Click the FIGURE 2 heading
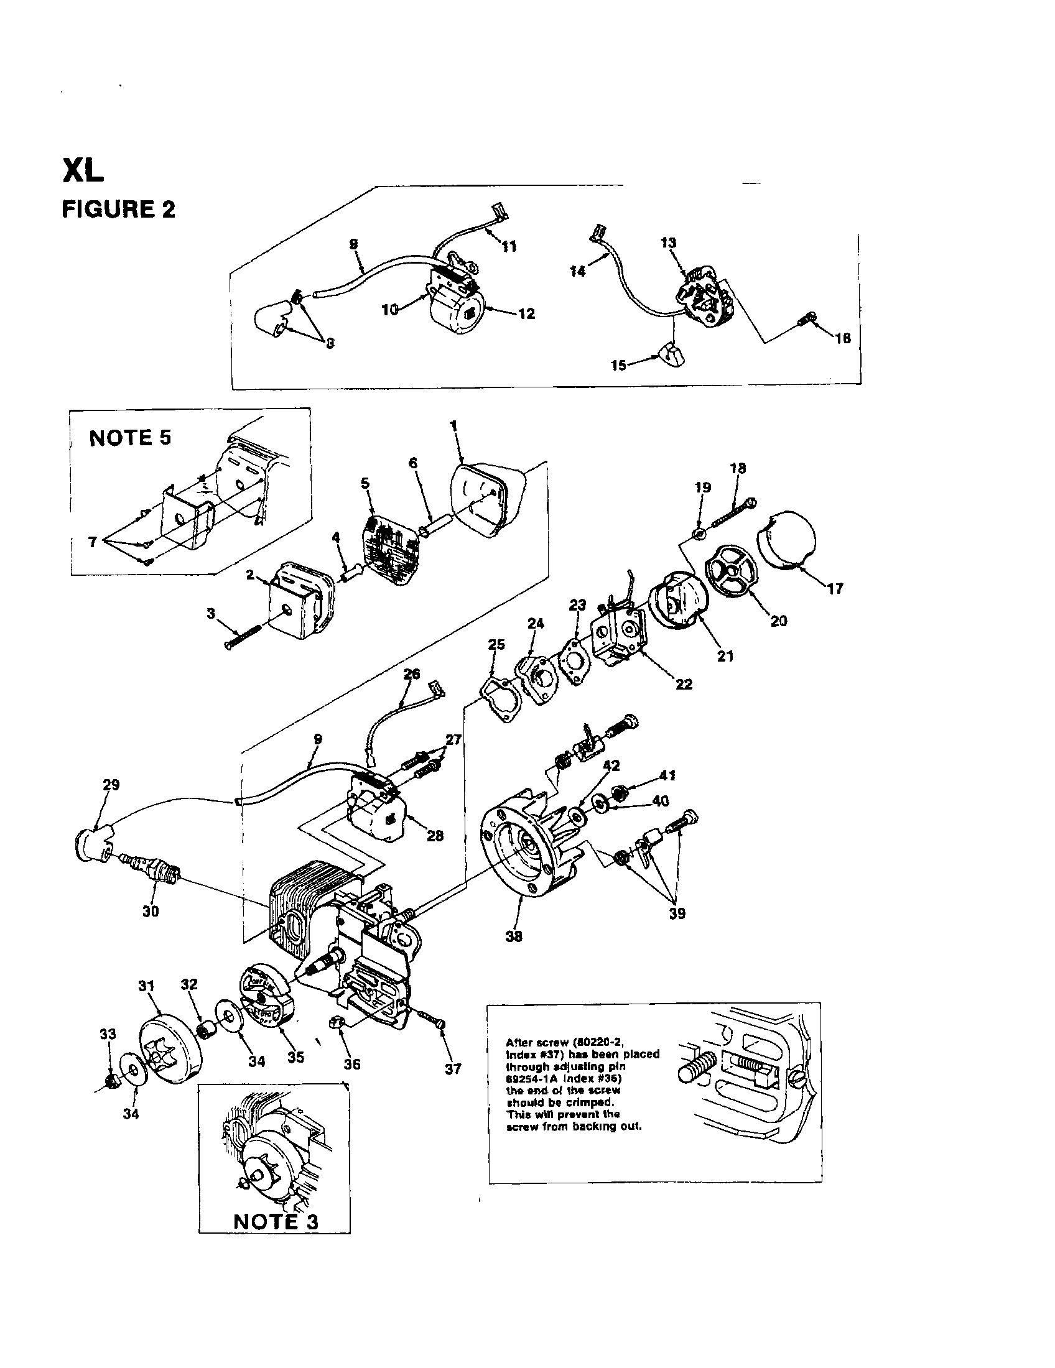(x=118, y=209)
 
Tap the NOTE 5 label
(x=130, y=437)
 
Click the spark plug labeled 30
(x=153, y=867)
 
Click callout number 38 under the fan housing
(x=514, y=936)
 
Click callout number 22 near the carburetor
(x=684, y=684)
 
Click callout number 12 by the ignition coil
(x=527, y=314)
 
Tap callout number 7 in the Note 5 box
(x=93, y=542)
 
